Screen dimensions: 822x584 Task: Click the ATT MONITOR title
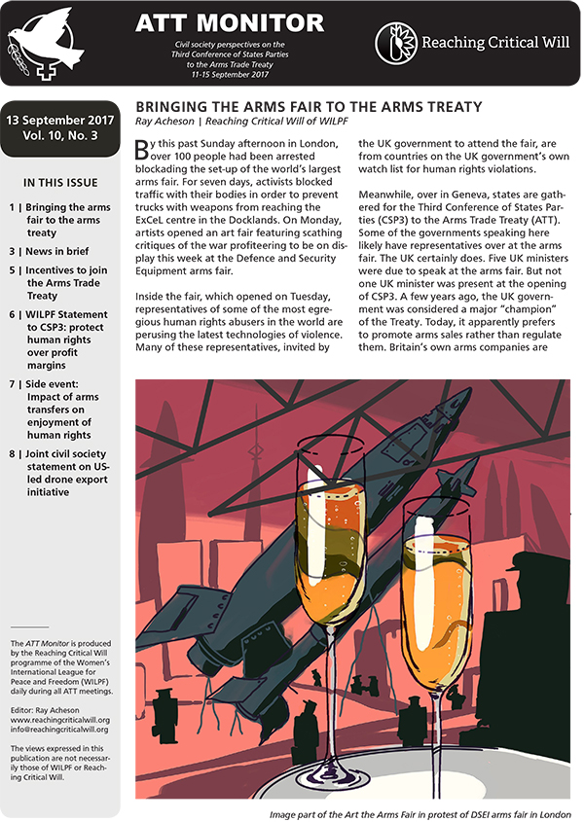pos(229,22)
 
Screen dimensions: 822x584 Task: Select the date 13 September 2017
pos(60,119)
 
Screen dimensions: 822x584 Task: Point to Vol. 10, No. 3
pos(60,137)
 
